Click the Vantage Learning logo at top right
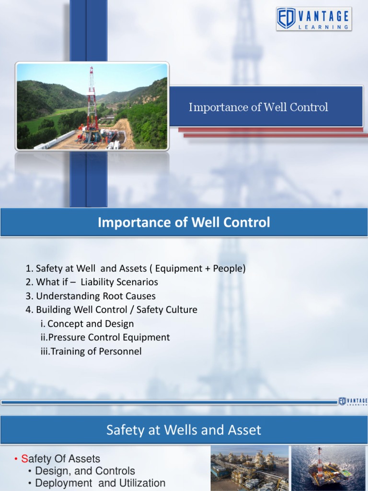point(314,19)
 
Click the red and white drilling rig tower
point(92,103)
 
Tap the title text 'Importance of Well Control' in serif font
point(258,107)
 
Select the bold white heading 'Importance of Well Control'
point(184,222)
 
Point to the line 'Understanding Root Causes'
point(91,296)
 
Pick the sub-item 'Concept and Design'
point(87,324)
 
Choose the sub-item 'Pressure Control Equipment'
point(105,338)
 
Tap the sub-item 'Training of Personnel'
point(91,351)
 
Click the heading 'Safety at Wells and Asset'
point(184,430)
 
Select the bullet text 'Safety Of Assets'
point(60,459)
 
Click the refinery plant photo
point(250,468)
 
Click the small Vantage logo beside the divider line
point(352,401)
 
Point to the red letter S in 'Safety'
point(25,459)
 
